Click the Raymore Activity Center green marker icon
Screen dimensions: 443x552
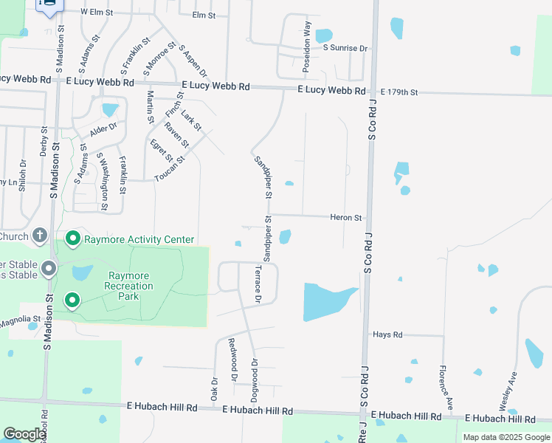72,238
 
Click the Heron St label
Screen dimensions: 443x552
346,218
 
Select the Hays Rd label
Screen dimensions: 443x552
387,334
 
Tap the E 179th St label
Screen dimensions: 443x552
399,92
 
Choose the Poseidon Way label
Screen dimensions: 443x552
307,46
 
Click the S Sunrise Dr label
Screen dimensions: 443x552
345,48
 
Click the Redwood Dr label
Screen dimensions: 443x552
232,360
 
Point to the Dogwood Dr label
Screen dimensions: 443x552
254,380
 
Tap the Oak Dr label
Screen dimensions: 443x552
214,389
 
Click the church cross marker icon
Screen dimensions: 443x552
41,236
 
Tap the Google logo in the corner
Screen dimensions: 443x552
24,434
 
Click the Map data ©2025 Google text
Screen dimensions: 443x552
506,437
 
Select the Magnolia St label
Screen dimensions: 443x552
18,320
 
